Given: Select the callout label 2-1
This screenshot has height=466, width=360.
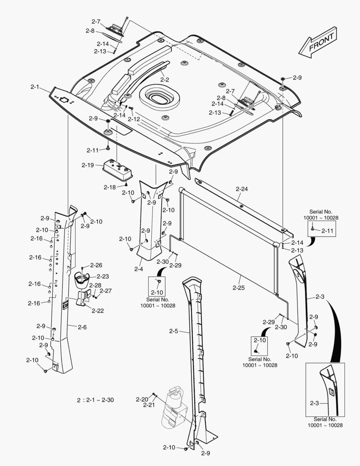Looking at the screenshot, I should pos(35,87).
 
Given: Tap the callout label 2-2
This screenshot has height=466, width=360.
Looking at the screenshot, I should pos(165,79).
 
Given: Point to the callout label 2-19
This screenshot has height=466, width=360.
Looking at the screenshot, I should pos(88,165).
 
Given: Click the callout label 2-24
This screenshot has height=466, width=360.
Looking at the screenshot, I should pos(242,189).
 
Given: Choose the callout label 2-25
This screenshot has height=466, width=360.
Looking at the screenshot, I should pos(238,287).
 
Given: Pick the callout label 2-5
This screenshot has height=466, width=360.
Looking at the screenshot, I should pos(174,331).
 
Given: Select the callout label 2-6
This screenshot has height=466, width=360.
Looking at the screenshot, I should pos(82,327).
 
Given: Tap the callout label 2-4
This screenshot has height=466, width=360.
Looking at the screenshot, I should pos(138,269).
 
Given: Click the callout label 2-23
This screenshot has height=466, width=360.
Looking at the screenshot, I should pos(103,277).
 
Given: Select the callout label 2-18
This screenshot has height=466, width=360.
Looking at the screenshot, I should pos(110,187).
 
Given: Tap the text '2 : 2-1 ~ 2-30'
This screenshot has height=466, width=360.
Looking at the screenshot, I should pos(95,400).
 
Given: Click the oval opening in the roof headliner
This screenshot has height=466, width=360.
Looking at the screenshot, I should pos(160,97).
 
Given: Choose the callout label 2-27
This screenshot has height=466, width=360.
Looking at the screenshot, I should pos(106,291).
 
